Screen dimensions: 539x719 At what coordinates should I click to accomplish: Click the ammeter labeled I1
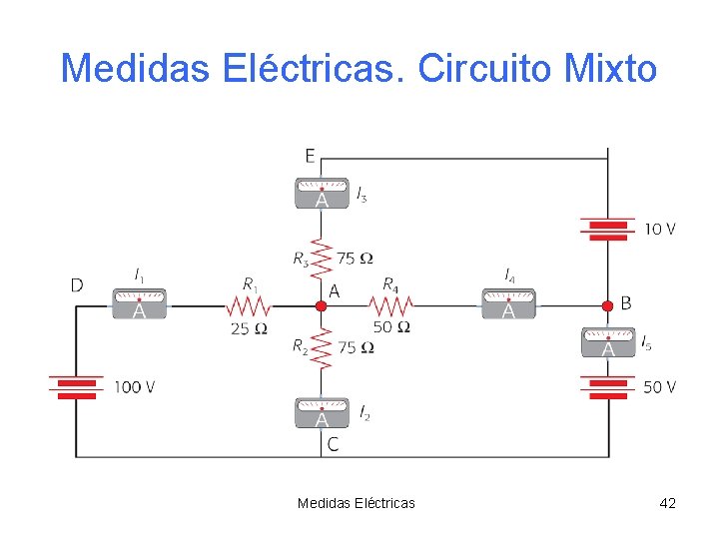139,303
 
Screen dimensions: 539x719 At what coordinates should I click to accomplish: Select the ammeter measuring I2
322,412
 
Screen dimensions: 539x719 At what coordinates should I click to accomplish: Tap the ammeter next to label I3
322,193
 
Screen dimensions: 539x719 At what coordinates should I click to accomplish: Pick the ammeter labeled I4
508,303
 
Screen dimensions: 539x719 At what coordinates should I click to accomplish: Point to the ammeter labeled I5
608,342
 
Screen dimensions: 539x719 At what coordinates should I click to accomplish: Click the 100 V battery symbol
76,387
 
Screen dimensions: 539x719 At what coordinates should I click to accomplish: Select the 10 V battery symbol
608,230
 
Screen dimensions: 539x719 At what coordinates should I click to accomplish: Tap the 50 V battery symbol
608,387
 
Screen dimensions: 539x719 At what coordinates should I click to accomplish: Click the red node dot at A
322,305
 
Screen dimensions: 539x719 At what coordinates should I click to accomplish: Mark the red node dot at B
608,305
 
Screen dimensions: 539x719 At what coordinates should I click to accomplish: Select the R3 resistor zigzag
322,258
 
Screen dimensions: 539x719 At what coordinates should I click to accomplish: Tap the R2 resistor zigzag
322,349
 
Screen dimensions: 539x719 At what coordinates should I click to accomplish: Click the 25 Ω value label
249,327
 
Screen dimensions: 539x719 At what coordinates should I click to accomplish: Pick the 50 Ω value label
391,326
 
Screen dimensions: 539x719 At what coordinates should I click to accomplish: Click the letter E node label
311,155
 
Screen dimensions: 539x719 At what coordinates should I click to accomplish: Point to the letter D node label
77,285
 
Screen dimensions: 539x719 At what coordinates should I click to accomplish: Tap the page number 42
668,503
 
